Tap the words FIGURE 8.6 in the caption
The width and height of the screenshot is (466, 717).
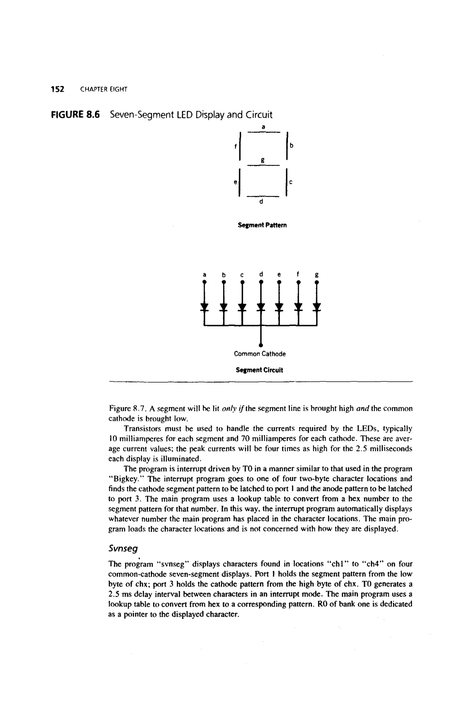[x=75, y=115]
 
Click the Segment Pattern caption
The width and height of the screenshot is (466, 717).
[x=262, y=225]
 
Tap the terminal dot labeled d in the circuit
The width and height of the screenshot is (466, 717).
[x=261, y=282]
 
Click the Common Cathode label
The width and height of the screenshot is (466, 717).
[x=259, y=354]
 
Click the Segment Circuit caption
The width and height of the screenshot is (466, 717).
[x=259, y=370]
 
